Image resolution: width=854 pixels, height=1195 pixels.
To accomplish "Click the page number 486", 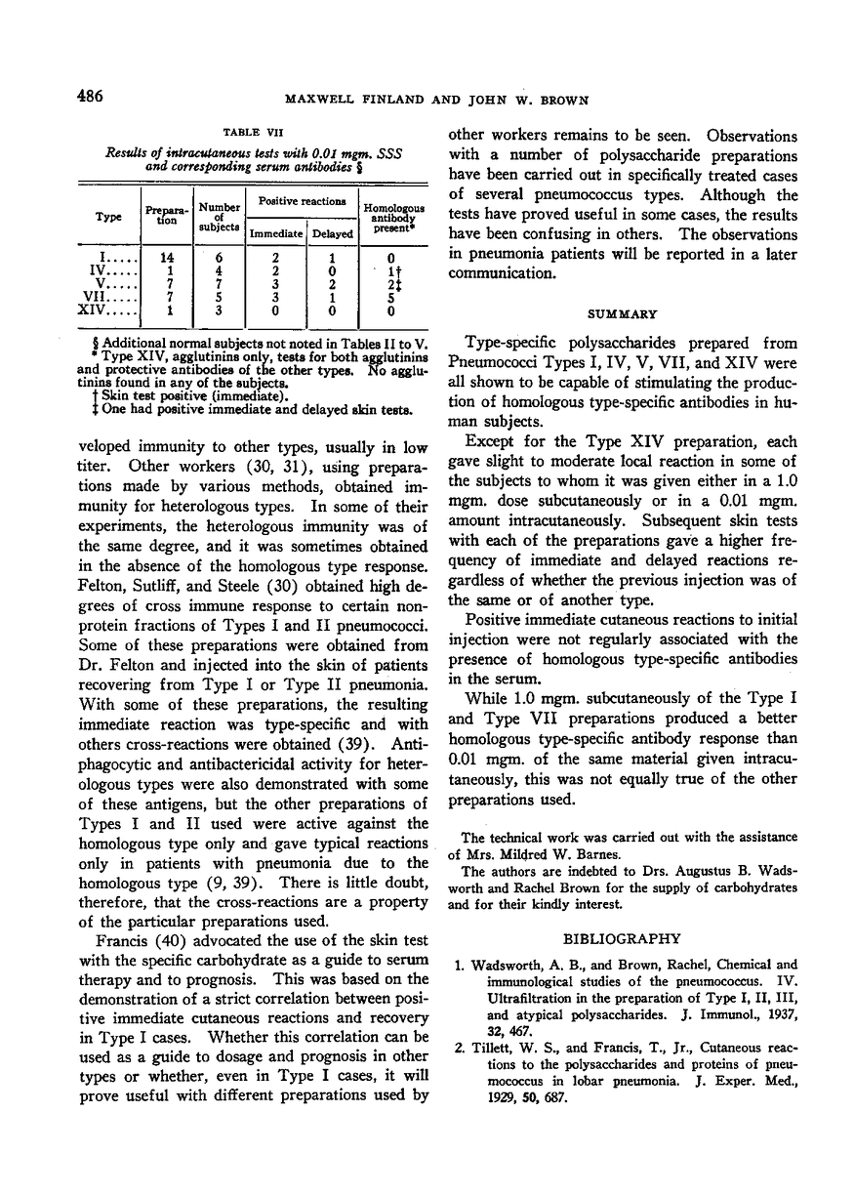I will point(88,97).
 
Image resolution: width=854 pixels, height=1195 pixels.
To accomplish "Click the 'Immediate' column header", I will point(275,234).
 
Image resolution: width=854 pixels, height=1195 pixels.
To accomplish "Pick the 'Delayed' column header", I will point(333,234).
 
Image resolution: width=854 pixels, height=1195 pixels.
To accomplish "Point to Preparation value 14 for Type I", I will point(168,258).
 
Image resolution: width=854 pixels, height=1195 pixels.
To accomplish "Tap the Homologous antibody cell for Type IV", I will point(389,270).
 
